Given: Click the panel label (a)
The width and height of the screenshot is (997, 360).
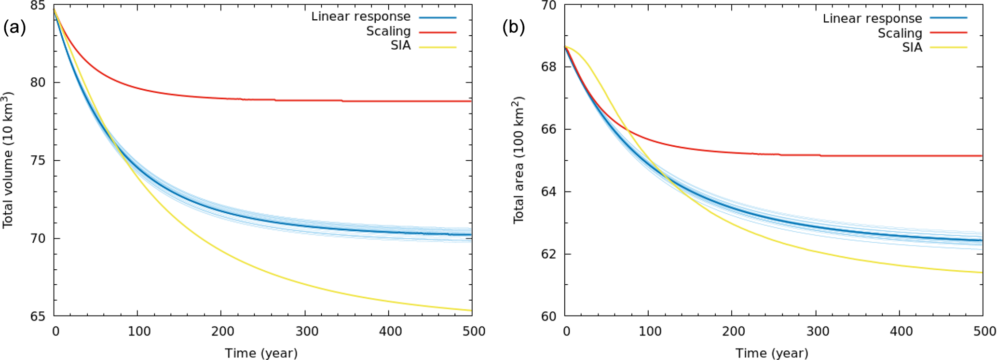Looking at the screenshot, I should pyautogui.click(x=14, y=28).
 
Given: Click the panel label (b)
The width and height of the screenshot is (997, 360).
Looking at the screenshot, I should pyautogui.click(x=513, y=28).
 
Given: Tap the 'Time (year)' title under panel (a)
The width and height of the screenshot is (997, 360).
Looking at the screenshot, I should pyautogui.click(x=261, y=353).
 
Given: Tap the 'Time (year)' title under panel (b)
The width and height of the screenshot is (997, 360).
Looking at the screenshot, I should pyautogui.click(x=772, y=353).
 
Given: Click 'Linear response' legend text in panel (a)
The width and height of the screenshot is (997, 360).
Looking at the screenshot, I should pyautogui.click(x=361, y=16).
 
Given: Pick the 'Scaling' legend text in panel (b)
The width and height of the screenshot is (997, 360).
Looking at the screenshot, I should pyautogui.click(x=900, y=33).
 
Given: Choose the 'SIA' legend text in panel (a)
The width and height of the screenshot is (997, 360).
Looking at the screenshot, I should pyautogui.click(x=400, y=45).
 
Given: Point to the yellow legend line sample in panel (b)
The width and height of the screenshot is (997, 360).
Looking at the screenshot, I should pyautogui.click(x=948, y=47).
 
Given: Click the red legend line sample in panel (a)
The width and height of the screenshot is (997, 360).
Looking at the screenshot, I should pyautogui.click(x=437, y=32).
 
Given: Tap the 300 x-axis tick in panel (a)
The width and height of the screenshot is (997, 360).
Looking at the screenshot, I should pyautogui.click(x=307, y=332).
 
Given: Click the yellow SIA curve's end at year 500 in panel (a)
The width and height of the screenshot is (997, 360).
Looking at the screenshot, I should pyautogui.click(x=471, y=310).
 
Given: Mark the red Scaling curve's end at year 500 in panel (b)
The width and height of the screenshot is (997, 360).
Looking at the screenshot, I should pyautogui.click(x=981, y=156).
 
